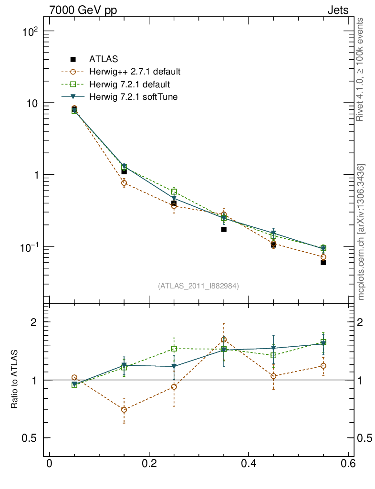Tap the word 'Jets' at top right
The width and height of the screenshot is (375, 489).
tap(337, 10)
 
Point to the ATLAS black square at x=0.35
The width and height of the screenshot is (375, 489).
tap(224, 229)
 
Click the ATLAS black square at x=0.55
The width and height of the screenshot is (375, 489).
tap(323, 262)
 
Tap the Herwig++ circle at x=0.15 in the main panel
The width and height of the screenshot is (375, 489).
tap(124, 183)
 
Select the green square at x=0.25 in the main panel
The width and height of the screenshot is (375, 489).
tap(174, 191)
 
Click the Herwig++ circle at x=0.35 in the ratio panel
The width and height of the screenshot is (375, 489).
tap(224, 340)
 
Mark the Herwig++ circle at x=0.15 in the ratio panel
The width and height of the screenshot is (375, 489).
tap(124, 410)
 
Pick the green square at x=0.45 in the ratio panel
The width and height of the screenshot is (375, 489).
tap(273, 355)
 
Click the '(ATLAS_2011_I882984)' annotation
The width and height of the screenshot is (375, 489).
tap(198, 286)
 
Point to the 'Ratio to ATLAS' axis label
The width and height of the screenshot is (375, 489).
tap(14, 380)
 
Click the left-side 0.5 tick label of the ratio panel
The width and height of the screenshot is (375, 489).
tap(30, 438)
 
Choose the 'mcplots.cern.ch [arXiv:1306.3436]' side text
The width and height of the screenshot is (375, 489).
tap(361, 232)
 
